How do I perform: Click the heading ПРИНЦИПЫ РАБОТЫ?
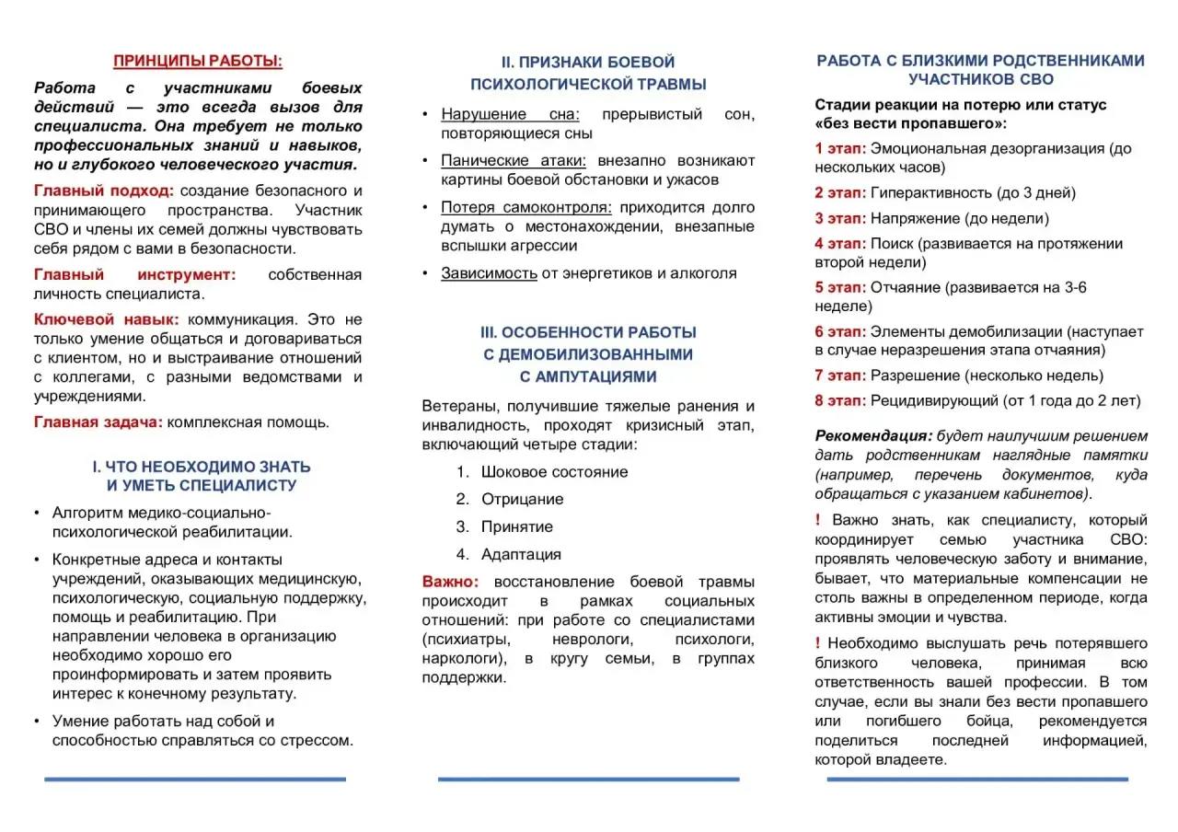[198, 62]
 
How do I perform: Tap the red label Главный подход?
[103, 191]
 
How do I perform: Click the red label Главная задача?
[98, 422]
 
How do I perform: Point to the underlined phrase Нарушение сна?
[511, 114]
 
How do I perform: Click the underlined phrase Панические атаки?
[514, 160]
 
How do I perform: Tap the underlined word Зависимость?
[489, 272]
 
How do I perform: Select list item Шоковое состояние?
[554, 471]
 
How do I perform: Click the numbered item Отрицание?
[522, 499]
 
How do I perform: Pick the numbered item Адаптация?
[521, 554]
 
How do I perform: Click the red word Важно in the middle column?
[450, 582]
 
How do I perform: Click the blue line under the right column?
[976, 780]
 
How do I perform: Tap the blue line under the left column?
[195, 780]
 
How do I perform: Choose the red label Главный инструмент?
[134, 274]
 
